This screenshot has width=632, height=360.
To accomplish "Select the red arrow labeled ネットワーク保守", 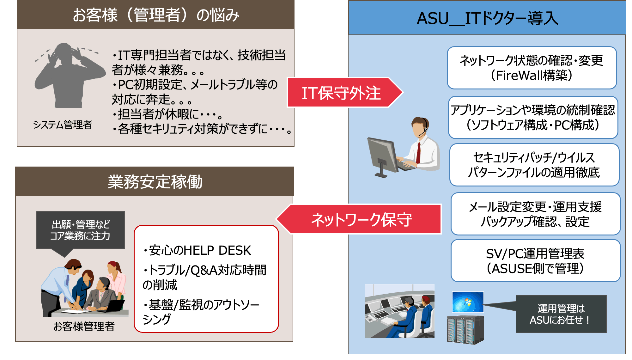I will tap(360, 219).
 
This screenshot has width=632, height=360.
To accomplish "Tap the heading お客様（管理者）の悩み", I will tap(155, 15).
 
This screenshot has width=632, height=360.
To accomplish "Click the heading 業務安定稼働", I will tap(155, 182).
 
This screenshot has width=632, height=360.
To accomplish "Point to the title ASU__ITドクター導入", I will tap(487, 18).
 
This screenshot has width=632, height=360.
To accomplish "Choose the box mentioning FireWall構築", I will tap(532, 68).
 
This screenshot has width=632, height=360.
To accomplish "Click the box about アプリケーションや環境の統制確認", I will tap(533, 117).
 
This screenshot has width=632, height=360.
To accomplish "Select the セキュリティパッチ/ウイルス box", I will tap(534, 165).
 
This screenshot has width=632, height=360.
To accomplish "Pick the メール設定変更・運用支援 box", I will tap(535, 214).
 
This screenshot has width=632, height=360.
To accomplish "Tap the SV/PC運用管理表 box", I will tap(535, 261).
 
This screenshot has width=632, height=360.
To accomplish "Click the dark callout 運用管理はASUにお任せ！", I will tap(561, 314).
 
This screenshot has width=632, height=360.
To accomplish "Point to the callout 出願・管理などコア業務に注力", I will tap(81, 230).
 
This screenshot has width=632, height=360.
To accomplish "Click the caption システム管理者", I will tap(63, 125).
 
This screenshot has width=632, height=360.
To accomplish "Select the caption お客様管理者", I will tap(84, 326).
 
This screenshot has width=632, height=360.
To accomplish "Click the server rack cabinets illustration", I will tap(465, 330).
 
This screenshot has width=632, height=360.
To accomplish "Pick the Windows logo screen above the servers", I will tap(468, 302).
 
